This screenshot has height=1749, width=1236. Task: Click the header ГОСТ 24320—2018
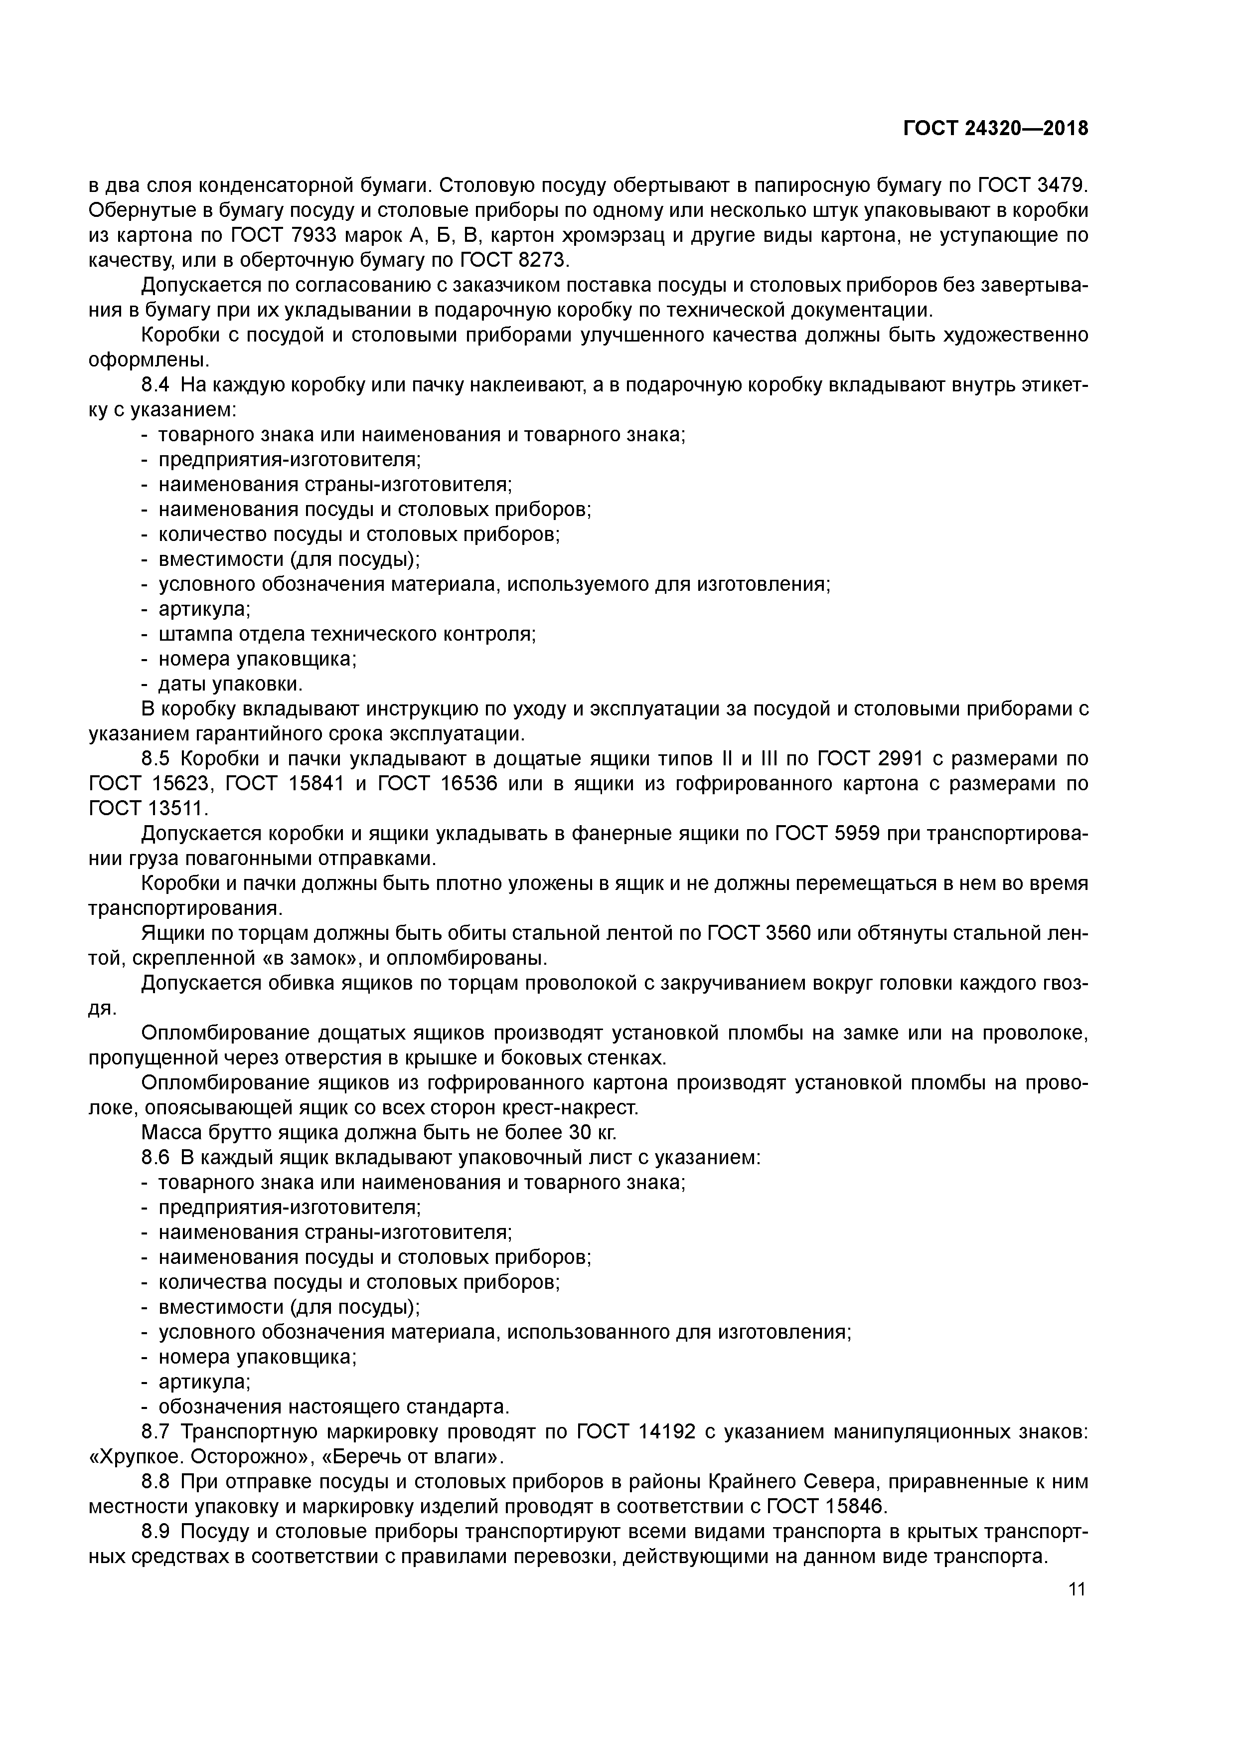[x=995, y=129]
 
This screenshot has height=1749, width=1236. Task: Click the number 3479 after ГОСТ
[x=1063, y=185]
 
